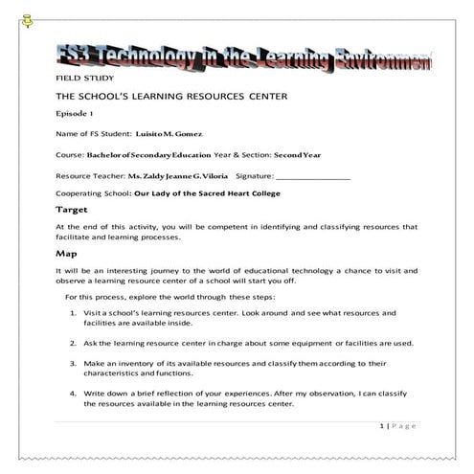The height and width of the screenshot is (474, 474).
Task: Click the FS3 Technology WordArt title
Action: pyautogui.click(x=245, y=58)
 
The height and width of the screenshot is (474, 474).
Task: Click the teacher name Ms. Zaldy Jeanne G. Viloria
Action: pyautogui.click(x=179, y=176)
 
